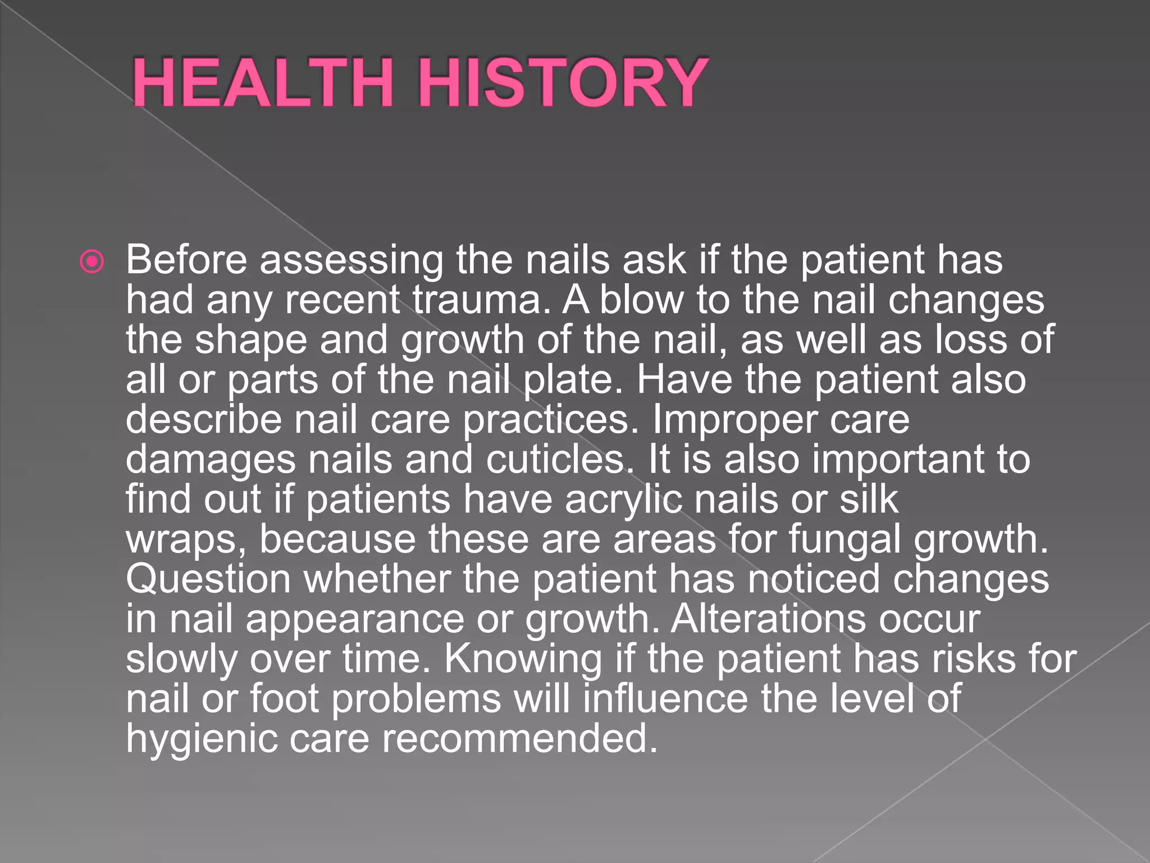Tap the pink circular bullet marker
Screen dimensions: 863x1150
click(92, 261)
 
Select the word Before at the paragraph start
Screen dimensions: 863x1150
click(186, 260)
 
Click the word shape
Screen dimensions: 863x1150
click(251, 341)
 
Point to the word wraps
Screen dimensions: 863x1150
click(186, 540)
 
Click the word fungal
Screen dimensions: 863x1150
click(845, 540)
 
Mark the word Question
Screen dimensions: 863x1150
click(208, 580)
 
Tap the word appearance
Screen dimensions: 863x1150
click(355, 620)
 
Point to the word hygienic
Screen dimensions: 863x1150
click(202, 739)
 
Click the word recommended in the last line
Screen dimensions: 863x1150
click(519, 739)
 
